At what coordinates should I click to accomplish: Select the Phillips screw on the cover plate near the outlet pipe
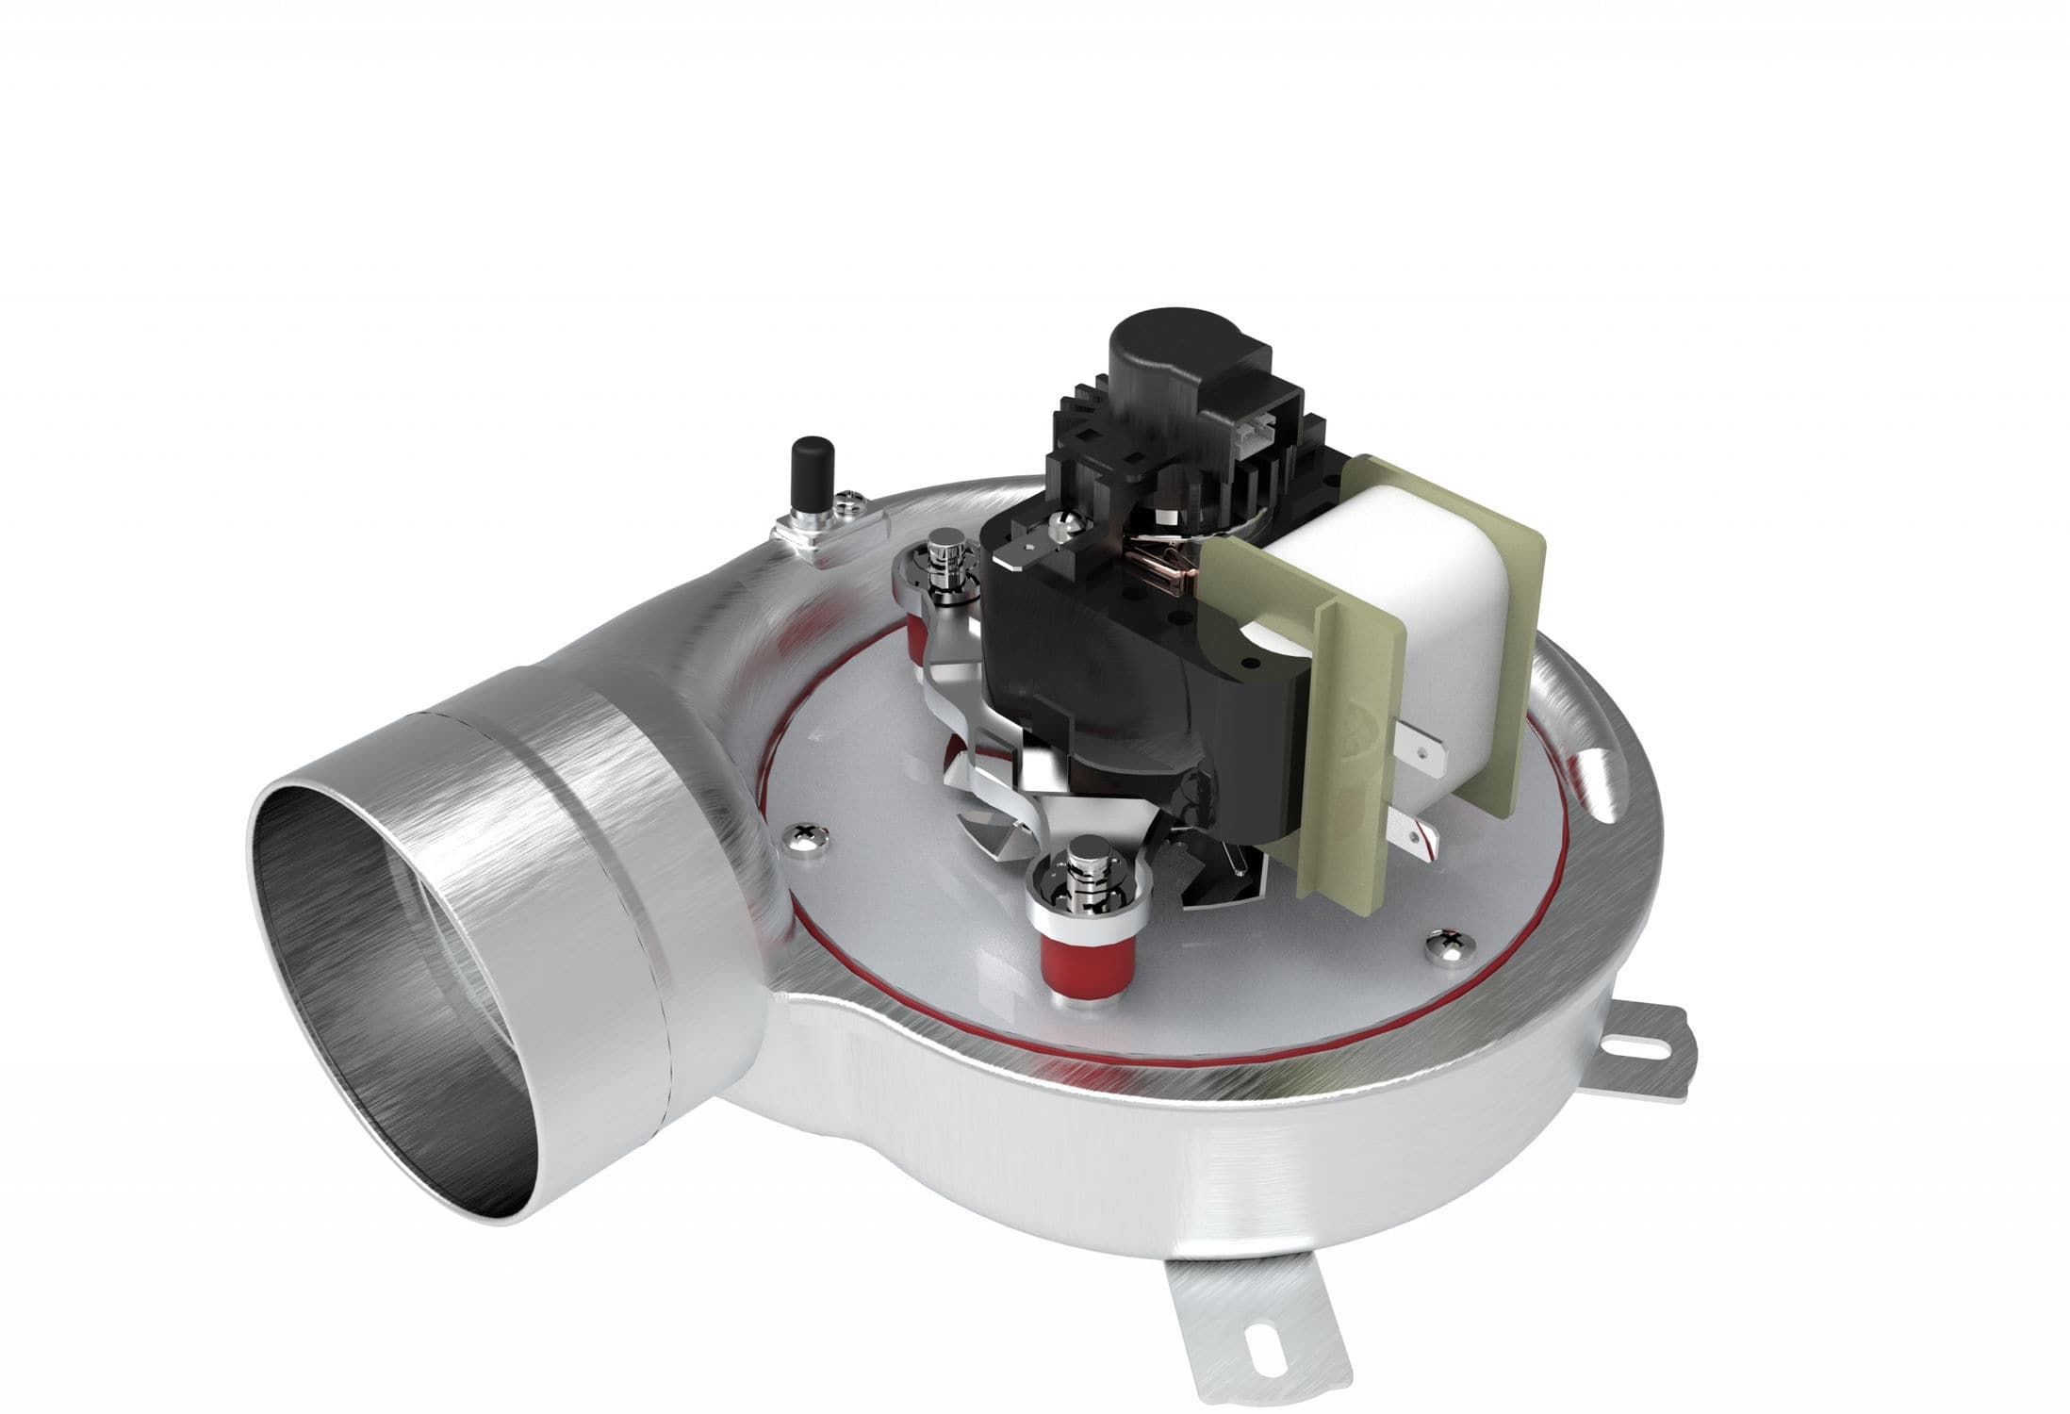pyautogui.click(x=809, y=833)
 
